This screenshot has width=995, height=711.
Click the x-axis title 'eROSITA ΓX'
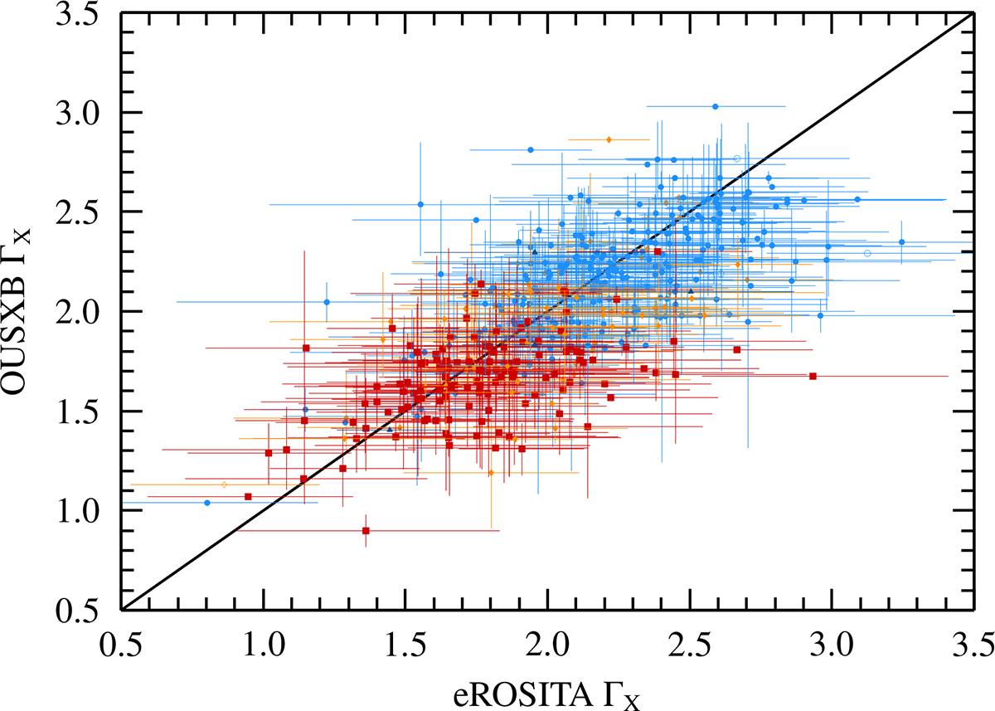point(546,696)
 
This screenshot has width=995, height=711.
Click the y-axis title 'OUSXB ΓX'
point(17,311)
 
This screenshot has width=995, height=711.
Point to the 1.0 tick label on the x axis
point(264,645)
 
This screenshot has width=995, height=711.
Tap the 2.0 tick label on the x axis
point(548,645)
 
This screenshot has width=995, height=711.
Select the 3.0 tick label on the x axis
point(832,645)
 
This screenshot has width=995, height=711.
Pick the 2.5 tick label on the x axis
point(690,645)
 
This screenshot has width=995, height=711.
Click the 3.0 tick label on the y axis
point(76,113)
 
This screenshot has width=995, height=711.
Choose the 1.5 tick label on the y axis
point(76,412)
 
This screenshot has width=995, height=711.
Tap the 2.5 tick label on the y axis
point(76,212)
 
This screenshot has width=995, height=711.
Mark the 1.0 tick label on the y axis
point(76,511)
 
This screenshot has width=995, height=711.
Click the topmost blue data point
point(715,107)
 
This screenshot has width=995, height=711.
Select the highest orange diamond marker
point(609,139)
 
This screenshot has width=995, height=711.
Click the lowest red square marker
point(366,531)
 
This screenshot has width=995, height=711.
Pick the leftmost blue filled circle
point(207,503)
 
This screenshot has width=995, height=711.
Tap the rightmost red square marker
point(813,377)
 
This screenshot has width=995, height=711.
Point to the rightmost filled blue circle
point(902,242)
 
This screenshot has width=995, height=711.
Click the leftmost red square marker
point(248,497)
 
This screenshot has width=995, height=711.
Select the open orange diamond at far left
point(225,485)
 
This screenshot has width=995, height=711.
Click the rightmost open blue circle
point(867,253)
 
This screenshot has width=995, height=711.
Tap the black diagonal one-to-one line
point(548,312)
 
